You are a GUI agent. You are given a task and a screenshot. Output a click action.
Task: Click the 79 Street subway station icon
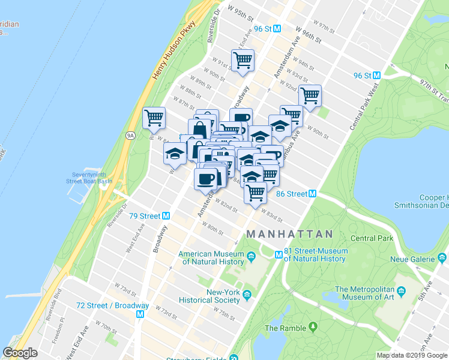point(166,216)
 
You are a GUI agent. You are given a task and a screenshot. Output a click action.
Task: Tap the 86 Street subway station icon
point(312,194)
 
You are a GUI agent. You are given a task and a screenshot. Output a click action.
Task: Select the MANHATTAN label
point(290,233)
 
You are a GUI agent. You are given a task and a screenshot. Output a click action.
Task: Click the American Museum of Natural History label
point(211,257)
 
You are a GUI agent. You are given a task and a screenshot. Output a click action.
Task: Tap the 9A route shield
point(130,136)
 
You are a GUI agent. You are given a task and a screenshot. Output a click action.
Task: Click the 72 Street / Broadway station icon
point(141,314)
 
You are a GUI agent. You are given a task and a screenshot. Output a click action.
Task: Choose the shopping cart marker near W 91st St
point(243,60)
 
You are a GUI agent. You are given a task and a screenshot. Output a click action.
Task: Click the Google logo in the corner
point(20,353)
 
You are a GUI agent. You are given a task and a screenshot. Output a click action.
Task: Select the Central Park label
point(372,238)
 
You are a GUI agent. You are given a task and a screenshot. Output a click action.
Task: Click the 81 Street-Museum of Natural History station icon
point(279,254)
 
